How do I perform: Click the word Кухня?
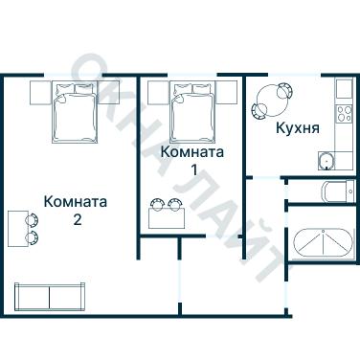[297, 127]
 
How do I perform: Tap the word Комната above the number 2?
[76, 202]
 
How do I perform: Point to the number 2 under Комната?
[76, 220]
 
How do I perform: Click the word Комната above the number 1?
[192, 152]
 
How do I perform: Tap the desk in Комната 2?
[18, 228]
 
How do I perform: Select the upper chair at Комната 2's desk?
[34, 218]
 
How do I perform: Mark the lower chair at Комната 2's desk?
[34, 236]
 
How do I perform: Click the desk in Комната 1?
[167, 216]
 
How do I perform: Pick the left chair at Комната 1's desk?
[159, 204]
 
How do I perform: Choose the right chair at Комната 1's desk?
[175, 204]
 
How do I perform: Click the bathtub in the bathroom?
[323, 244]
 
